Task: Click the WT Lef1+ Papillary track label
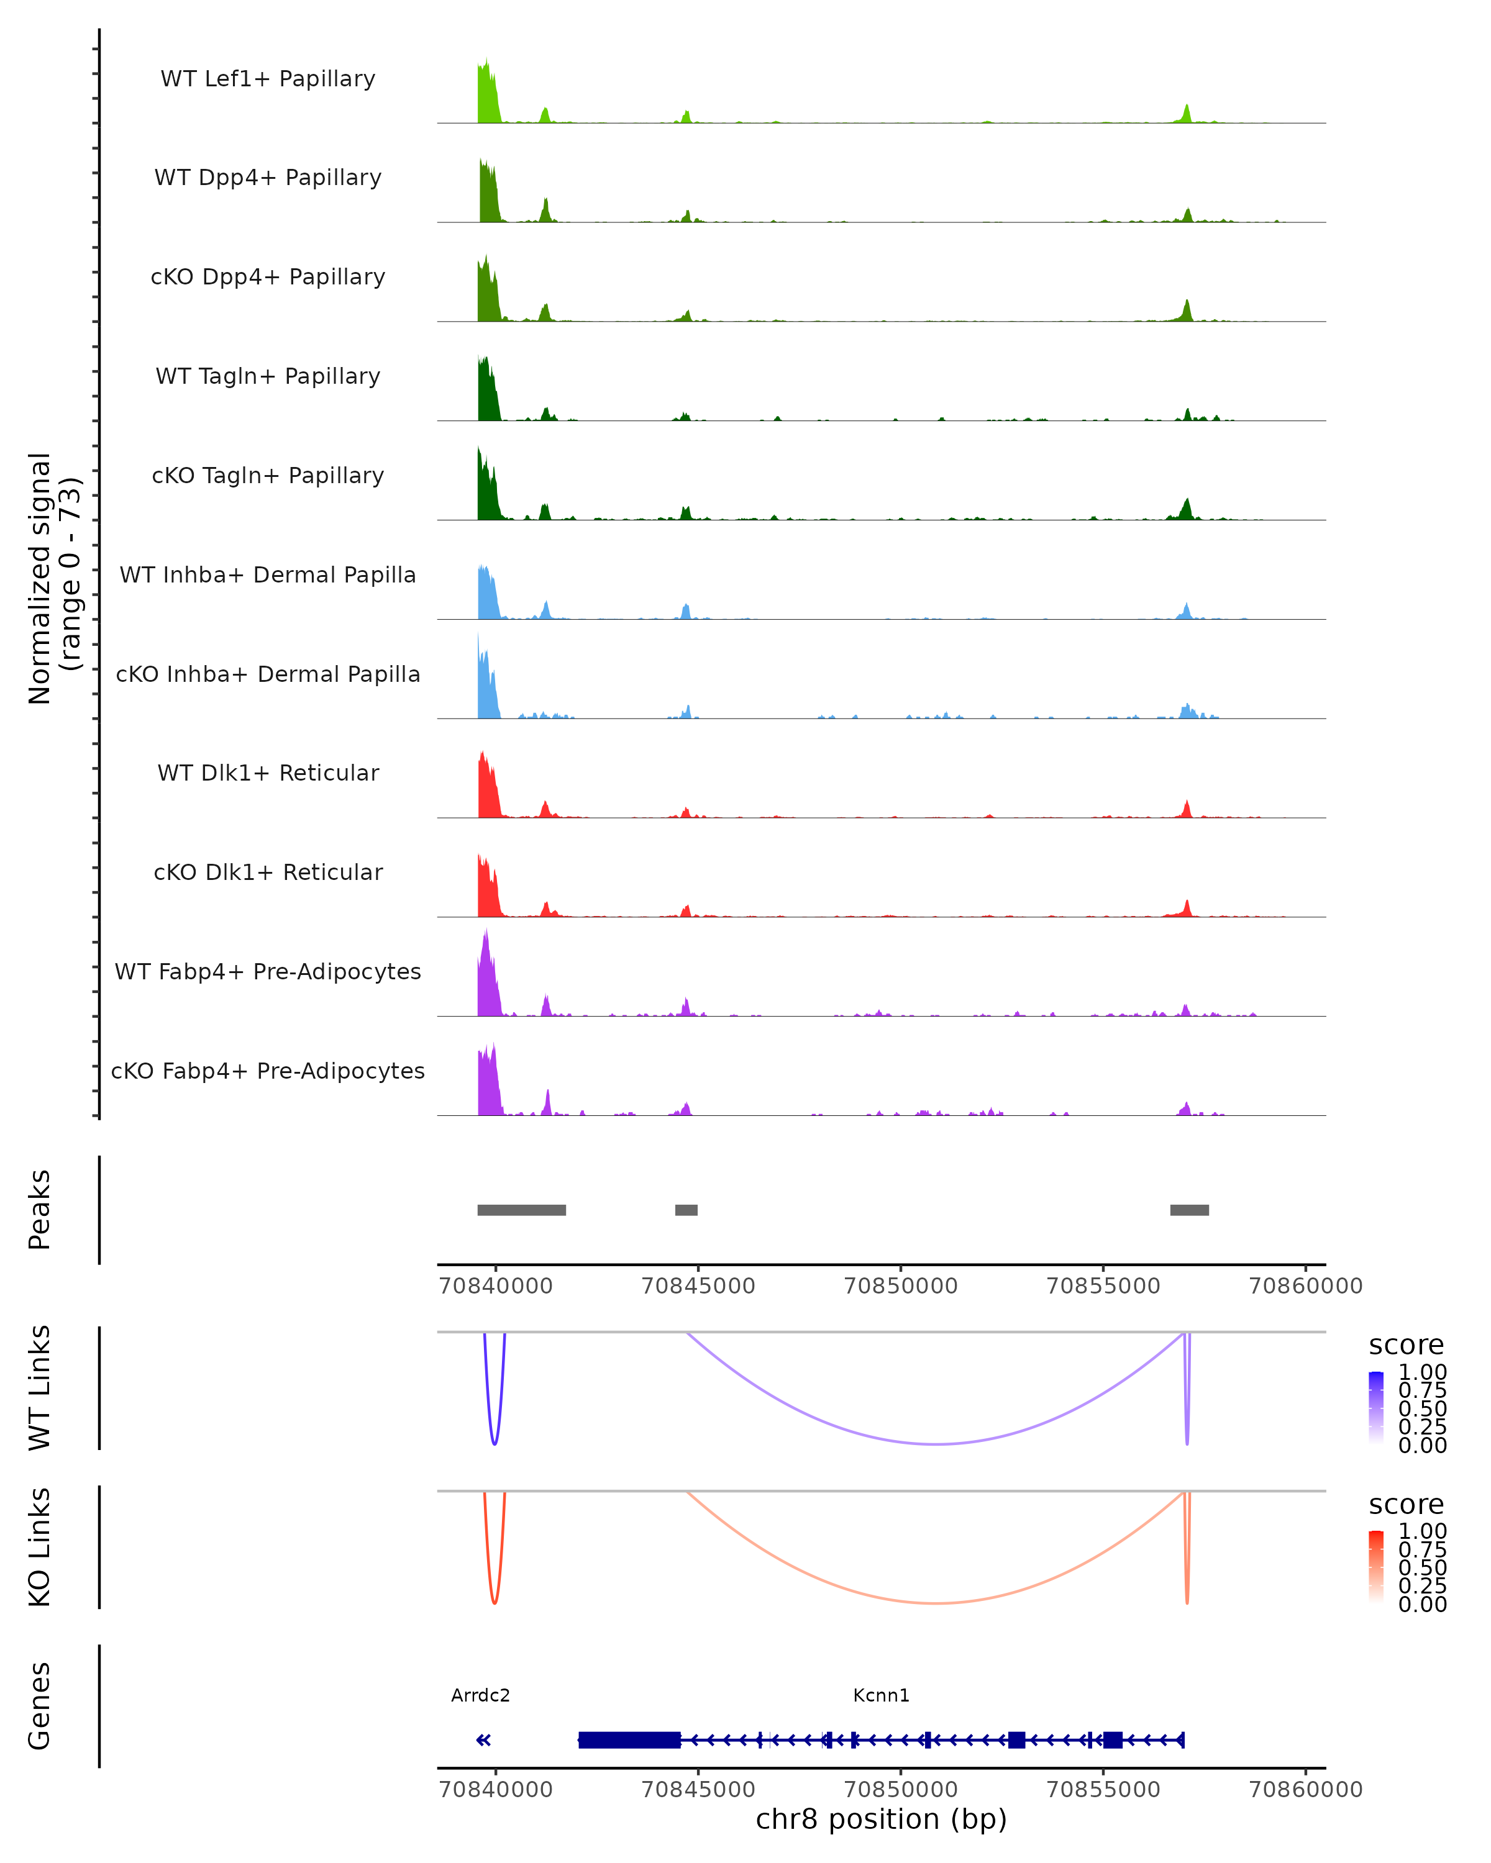(x=268, y=79)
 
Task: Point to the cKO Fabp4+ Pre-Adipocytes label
(x=268, y=1071)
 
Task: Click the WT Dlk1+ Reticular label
(x=268, y=773)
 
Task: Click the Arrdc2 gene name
(x=481, y=1695)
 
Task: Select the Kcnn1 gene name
(x=881, y=1695)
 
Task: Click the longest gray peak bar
(x=521, y=1210)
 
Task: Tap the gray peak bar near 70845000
(x=686, y=1210)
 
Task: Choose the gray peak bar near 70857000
(x=1189, y=1210)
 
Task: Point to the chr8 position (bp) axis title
(x=881, y=1819)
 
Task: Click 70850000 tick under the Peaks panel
(x=901, y=1286)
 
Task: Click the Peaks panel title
(x=40, y=1210)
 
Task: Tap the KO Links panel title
(x=40, y=1547)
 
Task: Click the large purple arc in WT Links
(x=937, y=1444)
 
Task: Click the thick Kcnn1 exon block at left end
(x=629, y=1739)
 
